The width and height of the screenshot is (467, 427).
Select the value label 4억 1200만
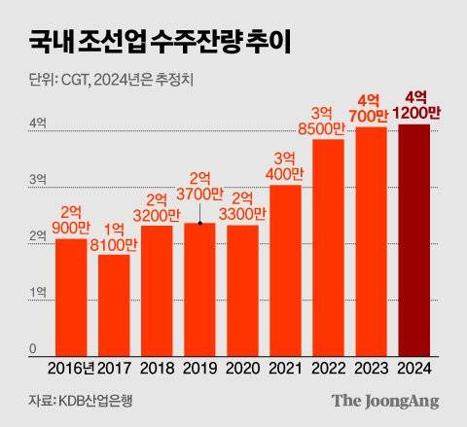413,104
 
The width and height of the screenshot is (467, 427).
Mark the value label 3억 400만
285,164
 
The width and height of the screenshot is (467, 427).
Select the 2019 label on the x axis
199,370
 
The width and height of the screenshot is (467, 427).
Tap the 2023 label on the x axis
371,370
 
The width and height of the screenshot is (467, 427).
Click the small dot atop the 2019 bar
199,224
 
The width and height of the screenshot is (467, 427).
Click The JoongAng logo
384,401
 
